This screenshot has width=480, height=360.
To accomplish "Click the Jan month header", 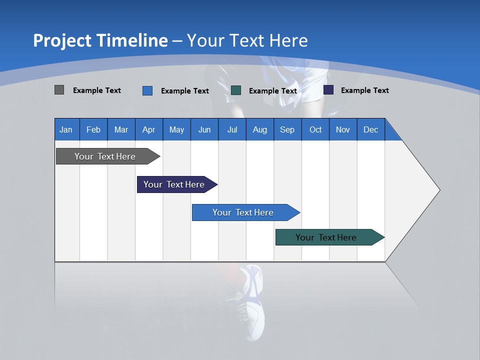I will tap(66, 129).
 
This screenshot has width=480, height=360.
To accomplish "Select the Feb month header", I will tap(93, 129).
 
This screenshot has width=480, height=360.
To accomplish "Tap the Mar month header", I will tap(121, 129).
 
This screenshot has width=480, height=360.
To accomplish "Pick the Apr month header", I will tap(148, 129).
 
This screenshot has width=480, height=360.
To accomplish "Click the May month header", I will tap(176, 129).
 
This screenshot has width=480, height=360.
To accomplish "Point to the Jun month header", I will tap(204, 129).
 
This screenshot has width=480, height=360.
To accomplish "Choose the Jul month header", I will tap(232, 129).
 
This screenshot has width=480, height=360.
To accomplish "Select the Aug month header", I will tap(259, 129).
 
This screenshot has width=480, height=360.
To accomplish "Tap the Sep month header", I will tap(287, 129).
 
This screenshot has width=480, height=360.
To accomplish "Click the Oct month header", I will tap(315, 129).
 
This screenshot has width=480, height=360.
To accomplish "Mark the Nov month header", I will tap(342, 129).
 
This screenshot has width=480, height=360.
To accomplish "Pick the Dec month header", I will tap(370, 129).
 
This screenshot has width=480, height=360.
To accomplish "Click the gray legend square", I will tap(59, 90).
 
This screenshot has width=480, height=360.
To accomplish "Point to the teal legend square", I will tap(236, 90).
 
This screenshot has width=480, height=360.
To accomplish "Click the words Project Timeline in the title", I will tap(100, 40).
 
